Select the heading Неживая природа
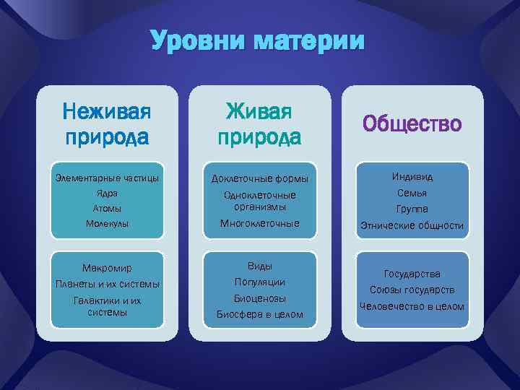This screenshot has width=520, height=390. [107, 123]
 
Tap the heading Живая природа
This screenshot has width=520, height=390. [259, 123]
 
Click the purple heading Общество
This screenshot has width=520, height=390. [412, 123]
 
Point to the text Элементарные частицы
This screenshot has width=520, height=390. [107, 178]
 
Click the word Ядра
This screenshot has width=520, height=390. [107, 194]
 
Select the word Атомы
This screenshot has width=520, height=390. [107, 209]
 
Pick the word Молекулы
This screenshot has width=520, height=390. [107, 224]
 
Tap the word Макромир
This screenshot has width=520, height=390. [107, 269]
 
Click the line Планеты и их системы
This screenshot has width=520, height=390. [107, 284]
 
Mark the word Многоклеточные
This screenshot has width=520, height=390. [259, 224]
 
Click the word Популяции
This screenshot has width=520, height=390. [259, 282]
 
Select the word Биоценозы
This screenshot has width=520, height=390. [259, 298]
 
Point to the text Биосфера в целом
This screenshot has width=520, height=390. [259, 314]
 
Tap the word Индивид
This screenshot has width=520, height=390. [412, 177]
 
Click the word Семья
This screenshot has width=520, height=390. [412, 193]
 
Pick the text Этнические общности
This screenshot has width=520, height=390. [412, 225]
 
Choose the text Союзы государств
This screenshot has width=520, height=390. [412, 290]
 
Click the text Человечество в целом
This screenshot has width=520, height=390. [412, 306]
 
